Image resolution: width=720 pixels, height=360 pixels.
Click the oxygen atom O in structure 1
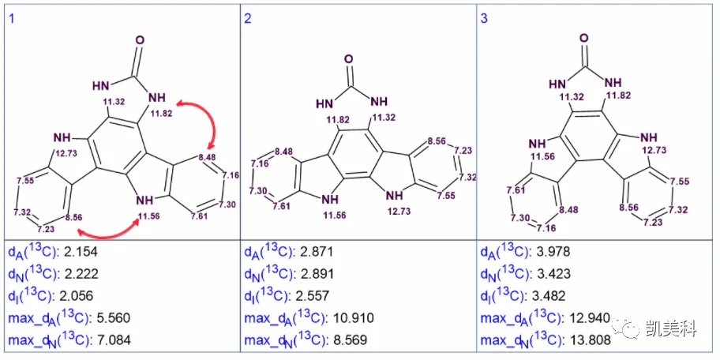pyautogui.click(x=140, y=40)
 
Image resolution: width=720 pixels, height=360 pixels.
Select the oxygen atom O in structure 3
pyautogui.click(x=584, y=38)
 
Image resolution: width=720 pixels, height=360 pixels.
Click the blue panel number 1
pyautogui.click(x=11, y=20)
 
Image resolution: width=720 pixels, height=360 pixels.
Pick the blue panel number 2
pyautogui.click(x=248, y=20)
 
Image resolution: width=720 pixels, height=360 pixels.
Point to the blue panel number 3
pyautogui.click(x=484, y=20)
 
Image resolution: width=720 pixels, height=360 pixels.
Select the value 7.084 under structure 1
pyautogui.click(x=112, y=340)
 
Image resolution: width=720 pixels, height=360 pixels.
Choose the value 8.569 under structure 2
pyautogui.click(x=348, y=340)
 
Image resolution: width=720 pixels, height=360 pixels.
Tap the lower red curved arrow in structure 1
pyautogui.click(x=108, y=234)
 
